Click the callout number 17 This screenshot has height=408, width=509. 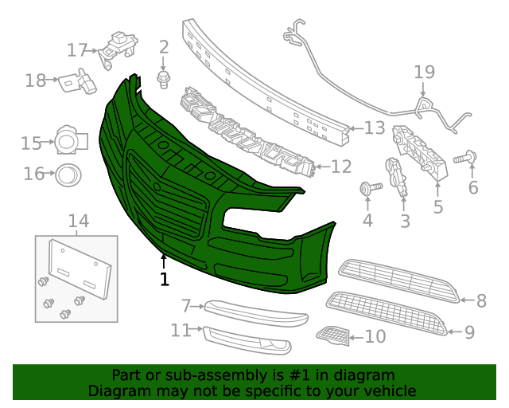pos(76,50)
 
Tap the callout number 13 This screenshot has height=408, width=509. pos(375,127)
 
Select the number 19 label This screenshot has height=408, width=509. pos(424,73)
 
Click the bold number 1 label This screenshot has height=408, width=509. pos(164,280)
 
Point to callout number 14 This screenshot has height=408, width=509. pos(78,221)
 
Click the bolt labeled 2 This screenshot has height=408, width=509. pos(165,77)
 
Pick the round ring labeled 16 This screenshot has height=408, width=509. pos(68,173)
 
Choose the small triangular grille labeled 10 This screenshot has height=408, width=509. pos(333,337)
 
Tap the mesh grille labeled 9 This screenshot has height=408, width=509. pos(389,312)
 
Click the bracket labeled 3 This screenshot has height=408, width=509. pos(397,177)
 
